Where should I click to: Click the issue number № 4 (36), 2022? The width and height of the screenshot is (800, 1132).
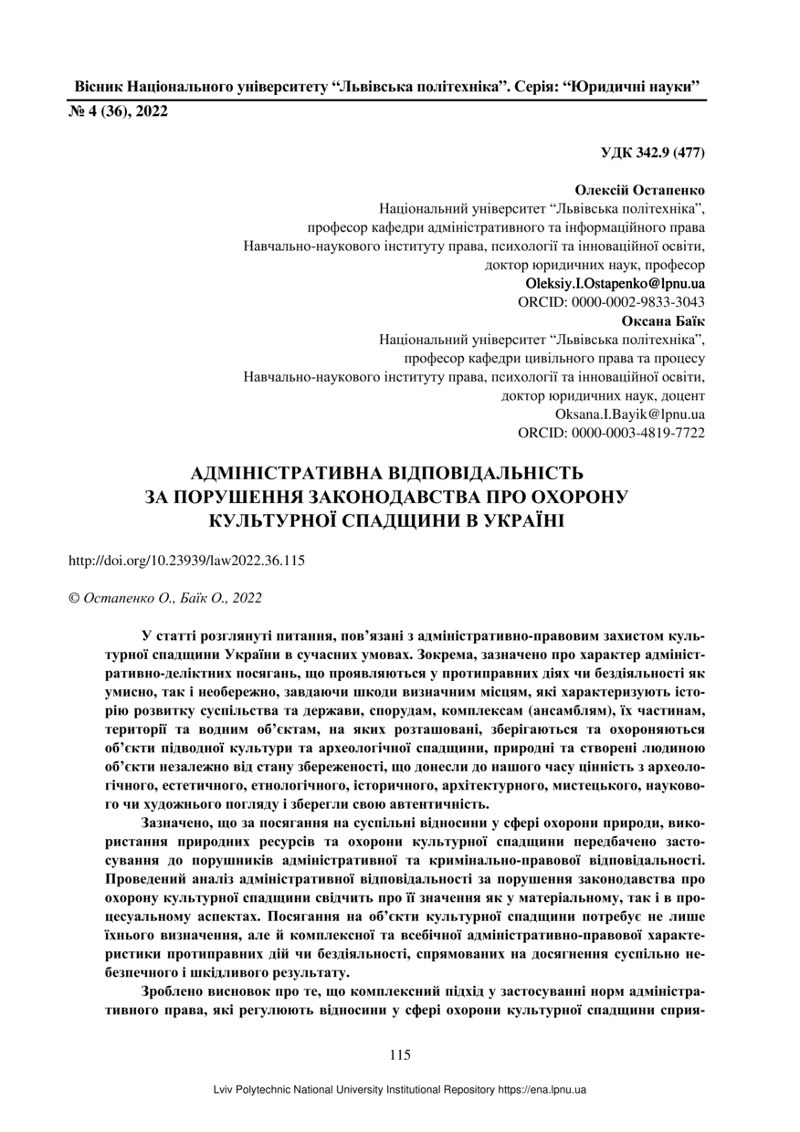[119, 112]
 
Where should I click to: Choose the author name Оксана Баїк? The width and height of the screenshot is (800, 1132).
[663, 321]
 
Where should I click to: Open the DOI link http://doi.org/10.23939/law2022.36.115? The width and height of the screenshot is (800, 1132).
[186, 561]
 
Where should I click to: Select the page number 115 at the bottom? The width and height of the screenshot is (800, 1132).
[399, 1055]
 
